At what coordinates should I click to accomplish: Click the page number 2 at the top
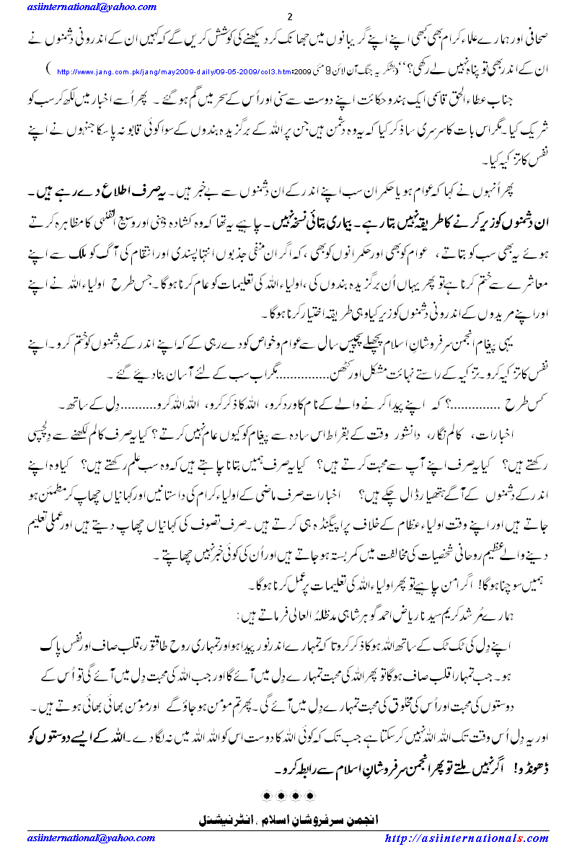coord(289,17)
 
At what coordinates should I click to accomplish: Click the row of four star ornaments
coord(288,796)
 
